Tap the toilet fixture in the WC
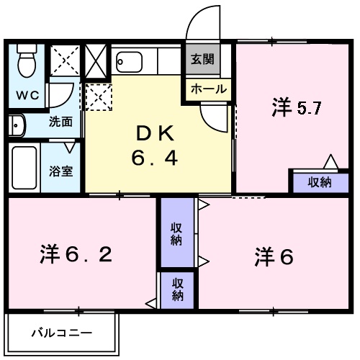[27, 62]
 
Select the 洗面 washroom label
[60, 122]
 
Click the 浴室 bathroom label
[60, 172]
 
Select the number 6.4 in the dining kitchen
[154, 158]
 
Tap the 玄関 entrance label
[202, 60]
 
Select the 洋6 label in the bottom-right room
[274, 257]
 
